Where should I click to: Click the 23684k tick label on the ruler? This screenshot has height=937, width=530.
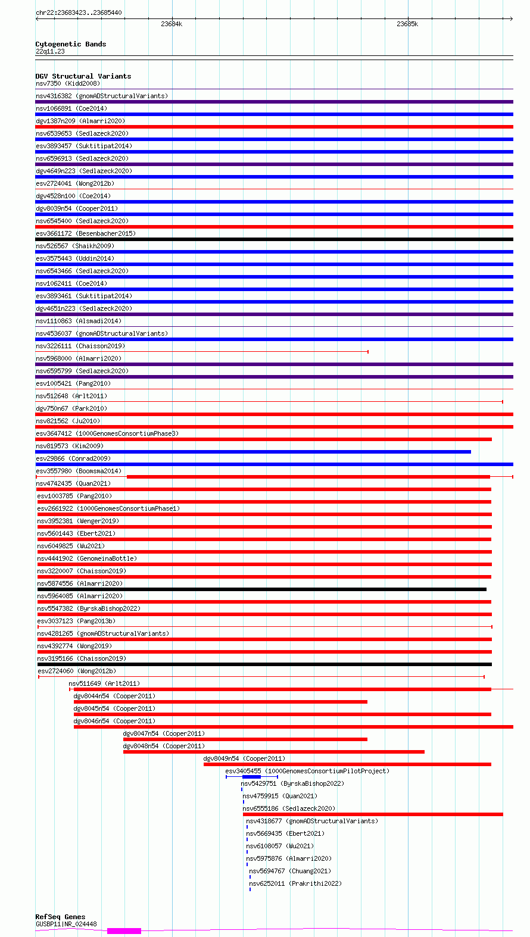coord(172,24)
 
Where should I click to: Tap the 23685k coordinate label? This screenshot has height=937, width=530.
coord(407,24)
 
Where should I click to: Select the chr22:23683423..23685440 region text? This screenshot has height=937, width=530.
coord(79,13)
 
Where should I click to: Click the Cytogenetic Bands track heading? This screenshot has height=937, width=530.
coord(71,44)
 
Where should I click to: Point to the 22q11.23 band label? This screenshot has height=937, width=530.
coord(50,51)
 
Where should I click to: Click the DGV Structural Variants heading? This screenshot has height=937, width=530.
coord(83,76)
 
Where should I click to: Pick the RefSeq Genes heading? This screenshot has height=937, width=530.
coord(60,917)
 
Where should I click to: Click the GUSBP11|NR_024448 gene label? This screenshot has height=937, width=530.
coord(66,924)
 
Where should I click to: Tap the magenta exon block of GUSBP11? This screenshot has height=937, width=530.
coord(124,930)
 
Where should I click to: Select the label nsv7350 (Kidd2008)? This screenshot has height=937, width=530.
coord(68,83)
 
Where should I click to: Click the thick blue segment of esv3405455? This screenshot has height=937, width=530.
coord(251,777)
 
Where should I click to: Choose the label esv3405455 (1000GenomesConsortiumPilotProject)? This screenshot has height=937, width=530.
coord(307,771)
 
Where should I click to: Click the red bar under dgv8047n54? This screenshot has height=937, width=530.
coord(245,739)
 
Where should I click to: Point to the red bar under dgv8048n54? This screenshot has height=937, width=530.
coord(273,752)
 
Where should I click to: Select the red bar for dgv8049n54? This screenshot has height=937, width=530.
coord(347,764)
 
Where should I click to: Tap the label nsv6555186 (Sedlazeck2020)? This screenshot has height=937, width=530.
coord(289,808)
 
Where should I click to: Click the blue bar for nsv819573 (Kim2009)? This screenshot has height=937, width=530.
coord(253,452)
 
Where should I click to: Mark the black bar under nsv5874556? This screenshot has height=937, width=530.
coord(261,589)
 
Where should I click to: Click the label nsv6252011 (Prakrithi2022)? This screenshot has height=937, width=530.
coord(295,883)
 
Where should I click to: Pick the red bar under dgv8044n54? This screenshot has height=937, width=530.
coord(220,702)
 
